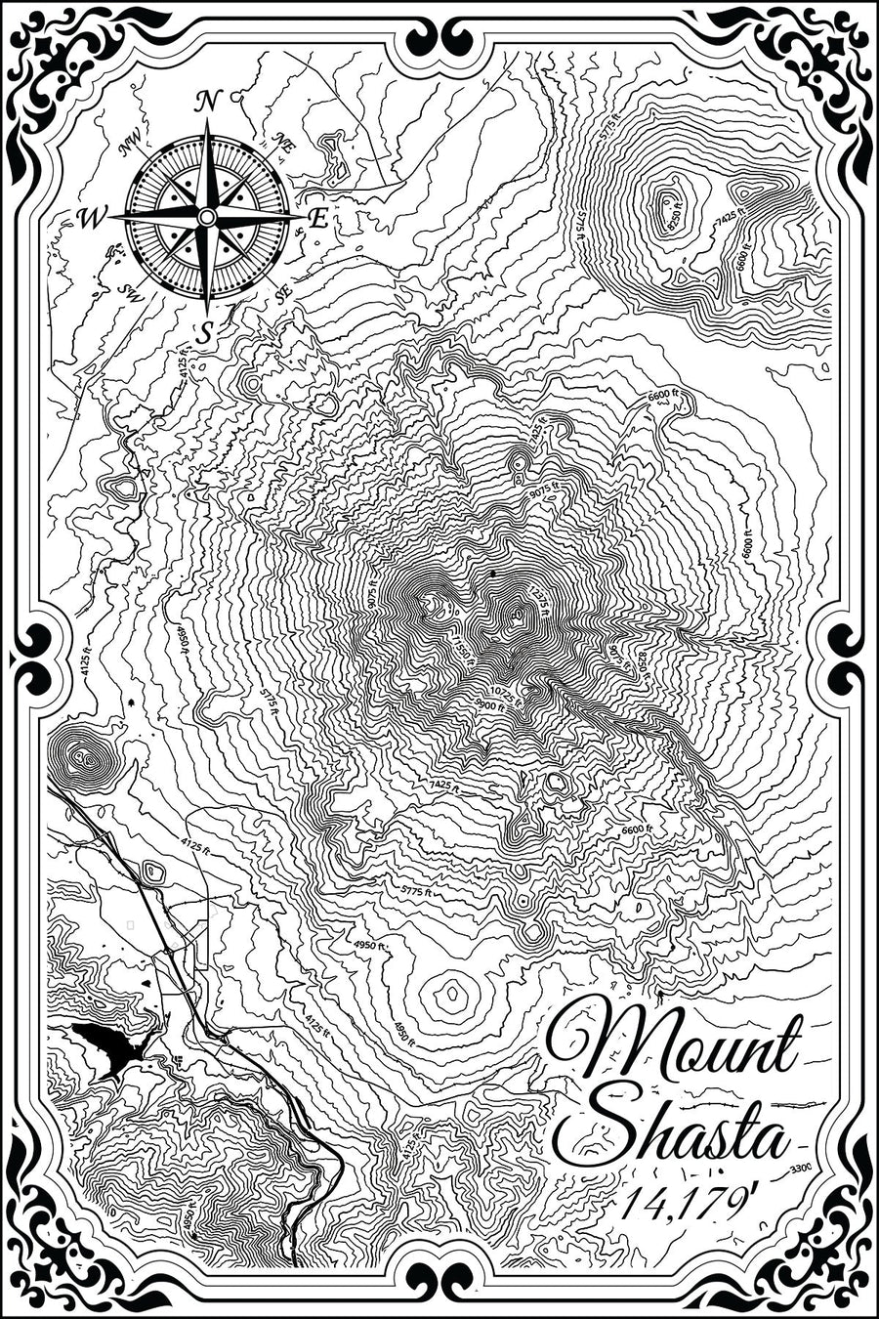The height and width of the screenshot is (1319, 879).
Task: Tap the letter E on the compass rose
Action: (318, 219)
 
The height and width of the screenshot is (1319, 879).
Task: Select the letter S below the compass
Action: (204, 332)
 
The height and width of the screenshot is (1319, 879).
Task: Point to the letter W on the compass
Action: (89, 219)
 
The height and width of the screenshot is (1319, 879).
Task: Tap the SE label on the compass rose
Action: (283, 292)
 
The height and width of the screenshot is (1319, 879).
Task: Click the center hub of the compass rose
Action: (206, 216)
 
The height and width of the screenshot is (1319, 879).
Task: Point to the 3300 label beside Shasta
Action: (801, 1169)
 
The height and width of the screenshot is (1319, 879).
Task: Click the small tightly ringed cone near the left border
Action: (82, 756)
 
